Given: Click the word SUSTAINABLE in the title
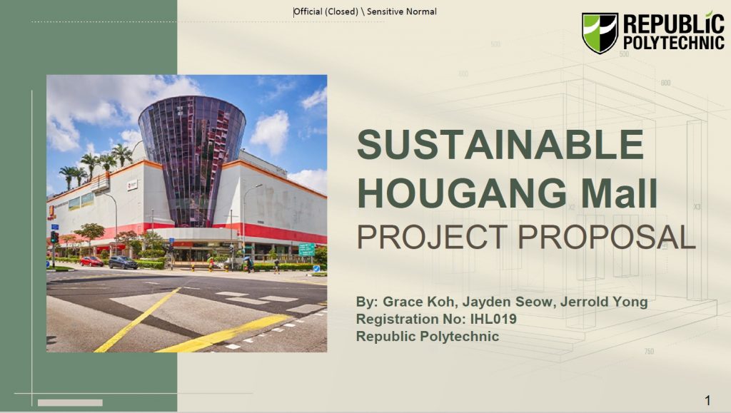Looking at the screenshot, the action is pos(500,144).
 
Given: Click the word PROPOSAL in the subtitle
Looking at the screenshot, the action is pos(606,237).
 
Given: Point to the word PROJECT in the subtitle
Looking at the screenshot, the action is pos(432,237).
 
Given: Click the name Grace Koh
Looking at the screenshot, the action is pos(418,302).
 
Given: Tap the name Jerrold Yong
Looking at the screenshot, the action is pos(604,302).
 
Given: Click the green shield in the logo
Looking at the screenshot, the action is pos(600,33).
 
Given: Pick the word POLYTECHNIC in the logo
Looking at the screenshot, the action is pos(674,43).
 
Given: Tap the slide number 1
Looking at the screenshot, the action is pos(707,400).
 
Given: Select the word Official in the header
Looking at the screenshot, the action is pos(308,11).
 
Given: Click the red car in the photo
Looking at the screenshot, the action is pos(91,262).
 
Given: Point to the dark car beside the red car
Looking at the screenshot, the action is pos(123,262).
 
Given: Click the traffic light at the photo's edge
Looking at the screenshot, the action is pos(54,237).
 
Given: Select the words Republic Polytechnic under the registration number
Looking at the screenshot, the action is pos(428,336).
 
